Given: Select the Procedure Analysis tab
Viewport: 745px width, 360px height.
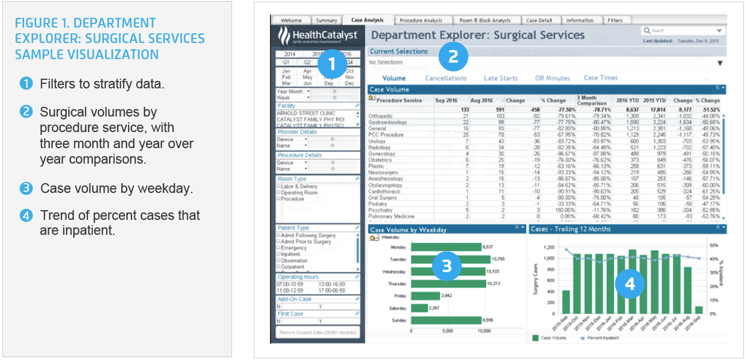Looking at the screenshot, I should coord(420,21).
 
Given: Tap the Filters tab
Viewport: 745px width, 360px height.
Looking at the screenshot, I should coord(615,21).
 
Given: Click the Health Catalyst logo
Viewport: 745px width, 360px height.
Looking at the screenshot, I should coord(318,36).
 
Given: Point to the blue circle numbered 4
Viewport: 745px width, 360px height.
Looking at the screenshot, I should coord(630,284).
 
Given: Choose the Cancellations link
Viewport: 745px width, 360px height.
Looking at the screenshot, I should coord(446,78).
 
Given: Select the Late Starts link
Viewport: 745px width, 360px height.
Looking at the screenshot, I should coord(500,78).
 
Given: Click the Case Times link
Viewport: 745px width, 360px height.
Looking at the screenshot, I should coord(600,78).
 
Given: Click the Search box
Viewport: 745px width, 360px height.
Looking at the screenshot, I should coord(682,30).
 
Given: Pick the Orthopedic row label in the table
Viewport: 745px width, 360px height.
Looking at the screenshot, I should coord(380,116).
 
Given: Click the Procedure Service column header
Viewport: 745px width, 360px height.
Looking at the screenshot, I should coord(399,100).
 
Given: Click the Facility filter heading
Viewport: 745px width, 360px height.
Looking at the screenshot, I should coord(287,106).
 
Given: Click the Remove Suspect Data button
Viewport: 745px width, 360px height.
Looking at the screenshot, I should coord(318,332).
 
